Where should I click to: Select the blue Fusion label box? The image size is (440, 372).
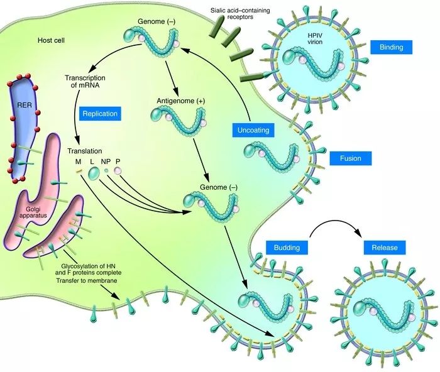pyautogui.click(x=350, y=158)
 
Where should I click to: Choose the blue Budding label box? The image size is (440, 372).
pyautogui.click(x=286, y=247)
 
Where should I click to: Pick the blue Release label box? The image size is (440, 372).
pyautogui.click(x=384, y=247)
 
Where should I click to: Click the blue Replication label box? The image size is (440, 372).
pyautogui.click(x=100, y=114)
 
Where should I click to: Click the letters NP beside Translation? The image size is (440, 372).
pyautogui.click(x=106, y=162)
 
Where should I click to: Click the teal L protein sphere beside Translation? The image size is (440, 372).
pyautogui.click(x=94, y=173)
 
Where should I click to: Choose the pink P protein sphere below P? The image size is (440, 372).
pyautogui.click(x=118, y=171)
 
